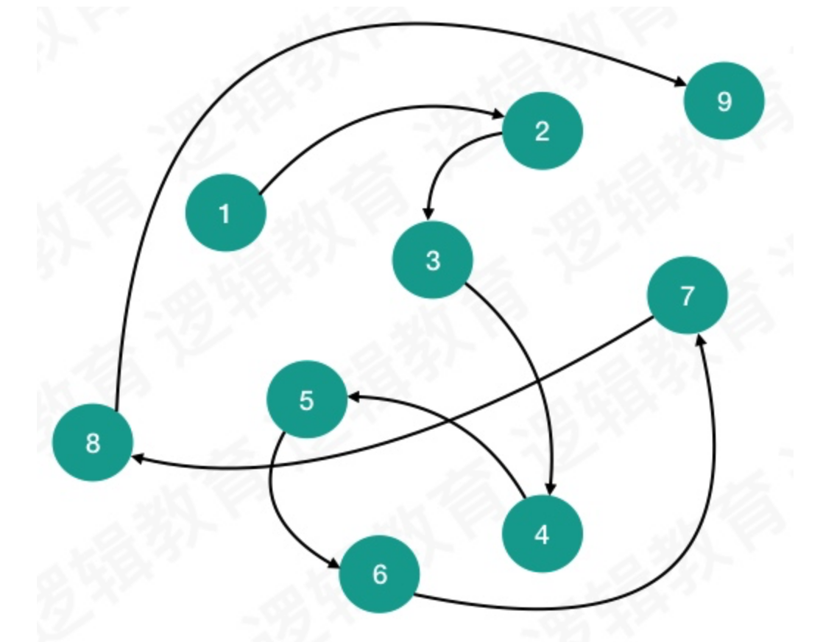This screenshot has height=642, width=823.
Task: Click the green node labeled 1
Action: point(225,214)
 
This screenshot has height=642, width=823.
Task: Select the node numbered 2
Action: point(543,132)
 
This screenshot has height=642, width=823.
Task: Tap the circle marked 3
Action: point(433,260)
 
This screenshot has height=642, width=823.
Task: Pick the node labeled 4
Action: point(542,535)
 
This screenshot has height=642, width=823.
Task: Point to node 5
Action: point(307,401)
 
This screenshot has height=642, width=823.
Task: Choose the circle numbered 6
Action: point(379,574)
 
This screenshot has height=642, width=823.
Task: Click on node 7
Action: point(687,296)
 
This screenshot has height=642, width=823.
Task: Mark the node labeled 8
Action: point(93,443)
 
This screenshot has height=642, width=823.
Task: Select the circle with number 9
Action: point(724,101)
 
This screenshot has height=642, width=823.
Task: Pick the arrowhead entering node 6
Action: point(335,562)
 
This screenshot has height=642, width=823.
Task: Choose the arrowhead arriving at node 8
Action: point(138,459)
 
